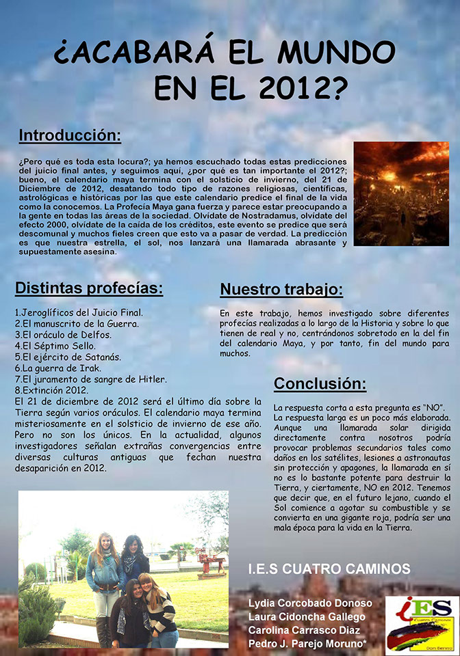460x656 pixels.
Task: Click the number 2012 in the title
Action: (x=303, y=87)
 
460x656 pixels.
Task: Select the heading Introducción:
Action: (x=70, y=135)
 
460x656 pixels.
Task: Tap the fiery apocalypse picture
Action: (x=400, y=193)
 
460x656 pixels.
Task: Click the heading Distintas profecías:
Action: (x=89, y=288)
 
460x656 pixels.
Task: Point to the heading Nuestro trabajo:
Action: (x=281, y=289)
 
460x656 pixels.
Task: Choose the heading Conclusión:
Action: (x=320, y=383)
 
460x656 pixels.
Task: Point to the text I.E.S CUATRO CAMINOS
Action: (x=329, y=569)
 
